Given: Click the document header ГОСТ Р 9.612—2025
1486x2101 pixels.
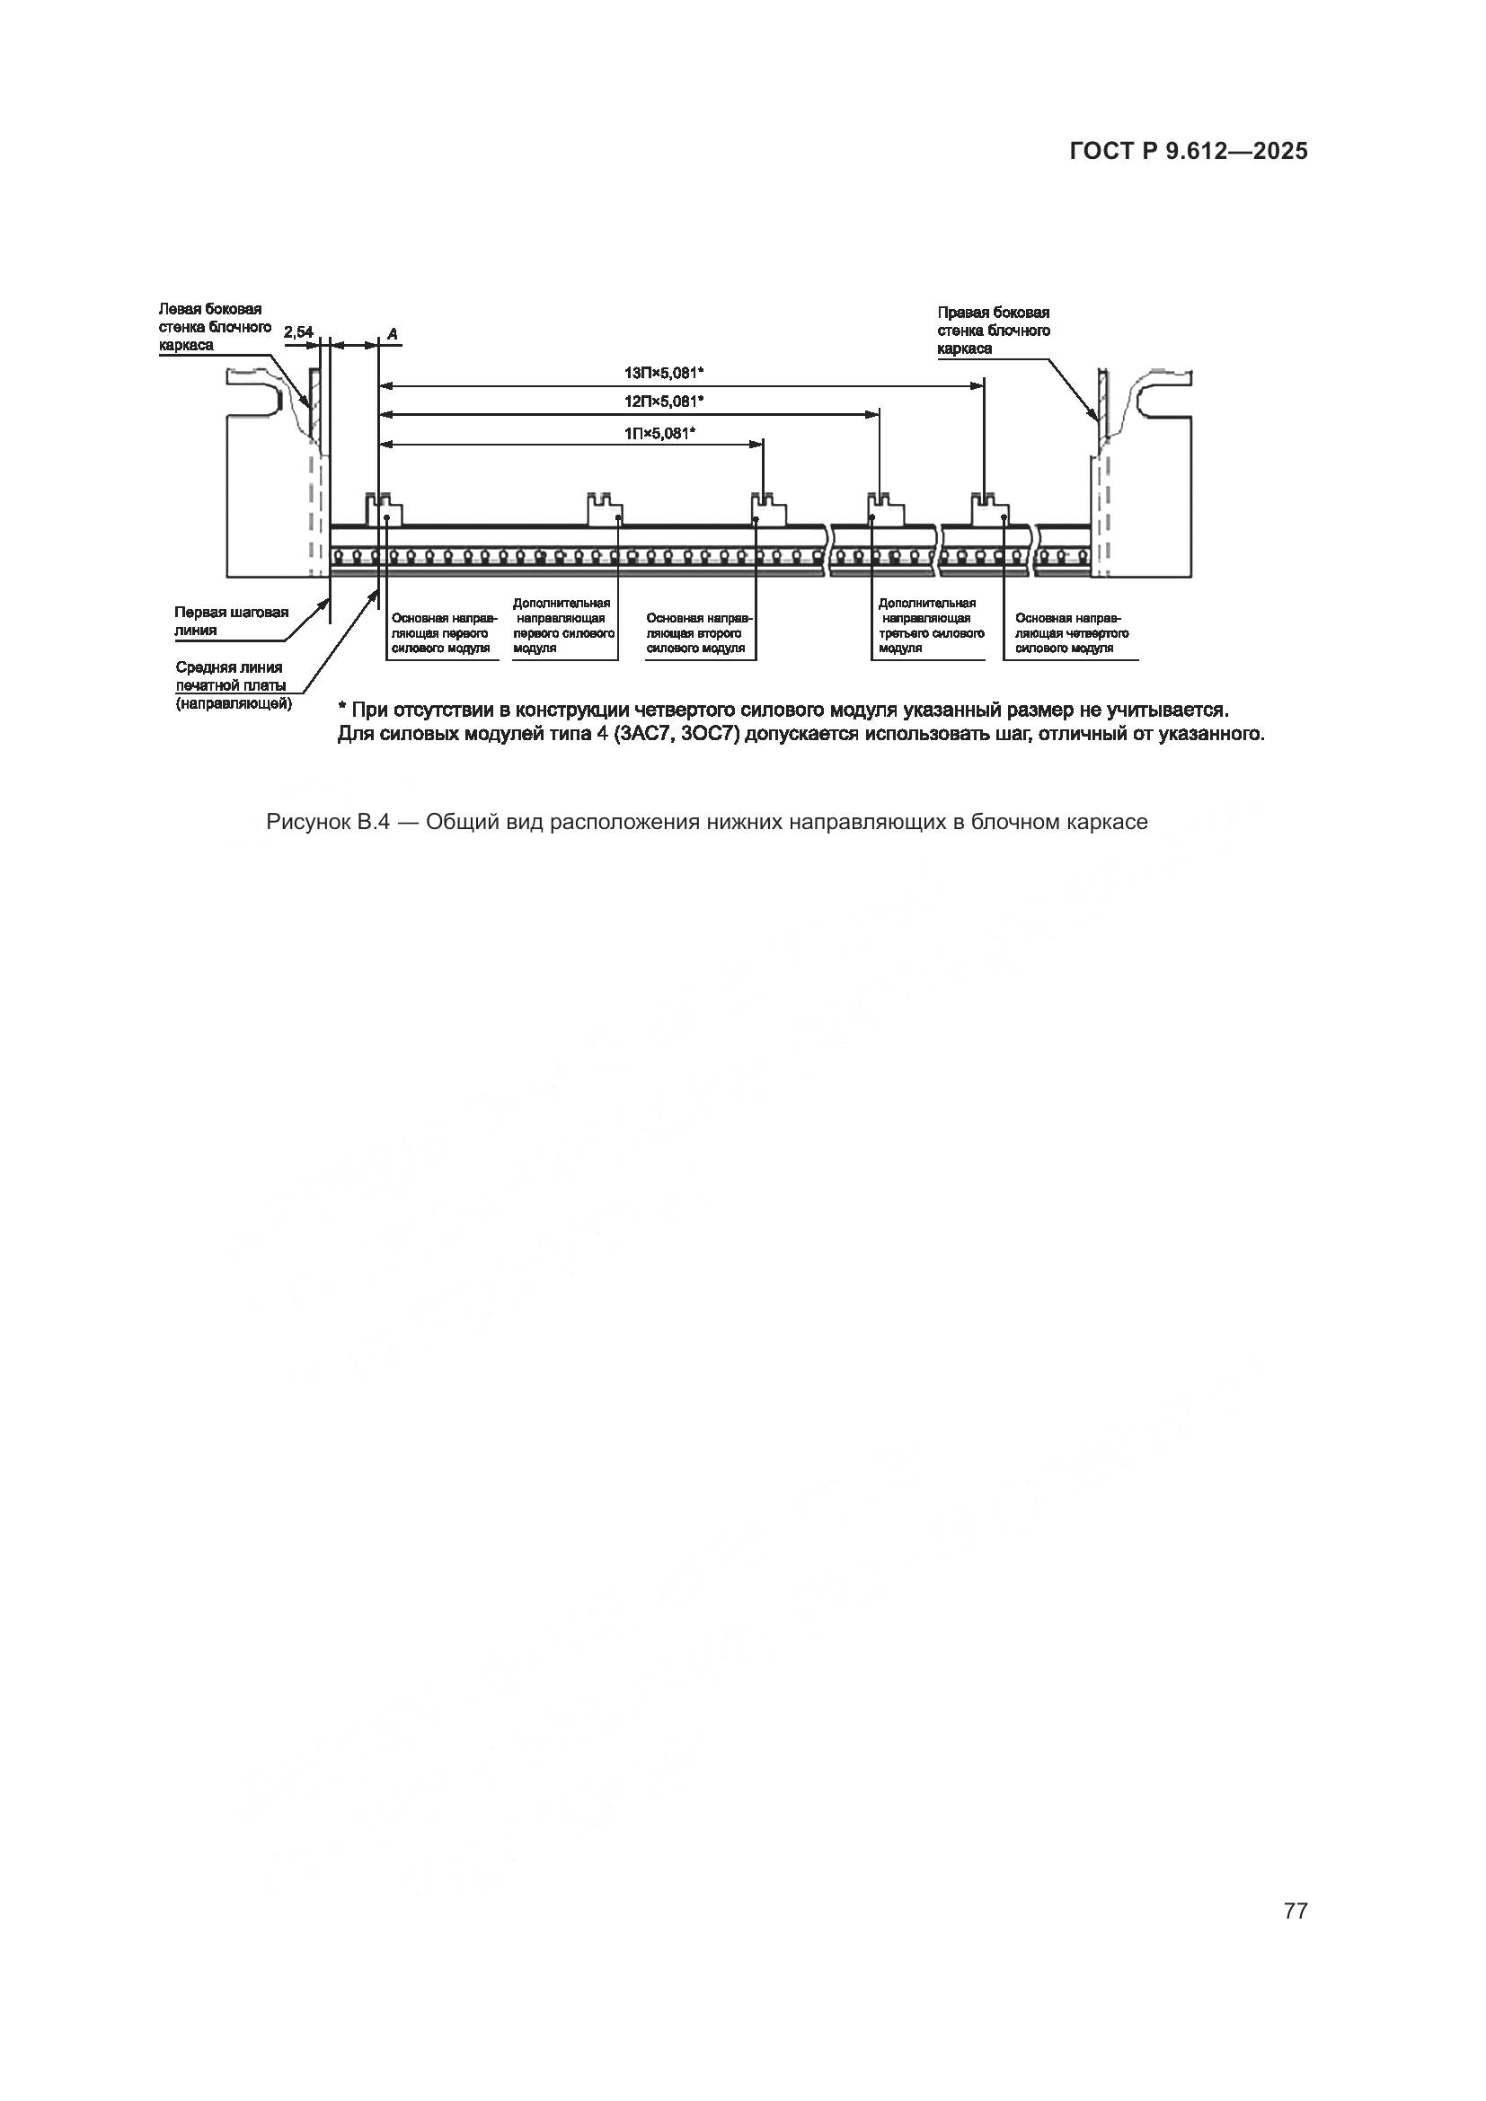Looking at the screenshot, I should (1188, 151).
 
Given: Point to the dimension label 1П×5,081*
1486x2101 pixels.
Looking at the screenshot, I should (659, 433).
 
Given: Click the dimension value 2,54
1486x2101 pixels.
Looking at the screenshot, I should (298, 332).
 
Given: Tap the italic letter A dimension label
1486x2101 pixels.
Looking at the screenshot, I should (392, 334).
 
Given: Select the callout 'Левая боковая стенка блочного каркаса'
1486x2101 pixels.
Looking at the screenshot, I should (214, 327).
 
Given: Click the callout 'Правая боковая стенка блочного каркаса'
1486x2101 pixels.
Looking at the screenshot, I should (993, 331).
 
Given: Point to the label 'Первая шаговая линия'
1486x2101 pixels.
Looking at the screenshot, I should (231, 621).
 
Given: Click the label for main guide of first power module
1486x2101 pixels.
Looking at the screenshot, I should (444, 633).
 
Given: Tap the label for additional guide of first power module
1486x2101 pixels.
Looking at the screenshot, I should (562, 626).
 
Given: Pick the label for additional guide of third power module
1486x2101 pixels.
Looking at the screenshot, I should (930, 626).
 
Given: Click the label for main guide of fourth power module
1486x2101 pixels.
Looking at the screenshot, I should (1071, 633).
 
